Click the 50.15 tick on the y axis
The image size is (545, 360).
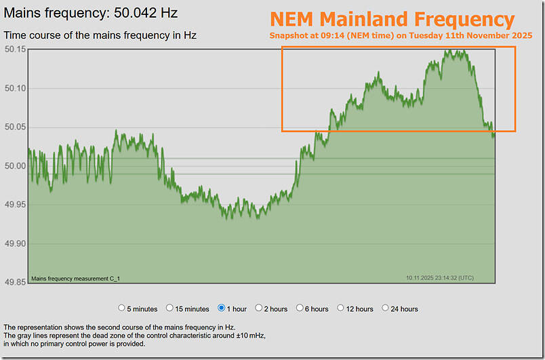[14, 49]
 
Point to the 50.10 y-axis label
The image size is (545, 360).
[14, 88]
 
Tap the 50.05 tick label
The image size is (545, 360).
[14, 127]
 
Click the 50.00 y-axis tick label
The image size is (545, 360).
[14, 166]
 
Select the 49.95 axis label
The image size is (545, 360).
[14, 205]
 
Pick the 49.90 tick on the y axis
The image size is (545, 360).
[14, 243]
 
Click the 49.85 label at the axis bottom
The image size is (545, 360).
[14, 282]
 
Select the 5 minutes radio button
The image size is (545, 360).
[122, 308]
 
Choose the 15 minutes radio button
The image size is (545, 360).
[170, 308]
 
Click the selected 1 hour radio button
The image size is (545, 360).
[222, 308]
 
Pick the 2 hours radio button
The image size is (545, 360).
[259, 308]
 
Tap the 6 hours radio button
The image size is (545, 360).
[299, 308]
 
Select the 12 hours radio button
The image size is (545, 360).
[340, 308]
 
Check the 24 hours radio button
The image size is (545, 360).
[385, 308]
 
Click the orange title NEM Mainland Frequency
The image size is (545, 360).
[392, 19]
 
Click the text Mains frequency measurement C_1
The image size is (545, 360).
[75, 278]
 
